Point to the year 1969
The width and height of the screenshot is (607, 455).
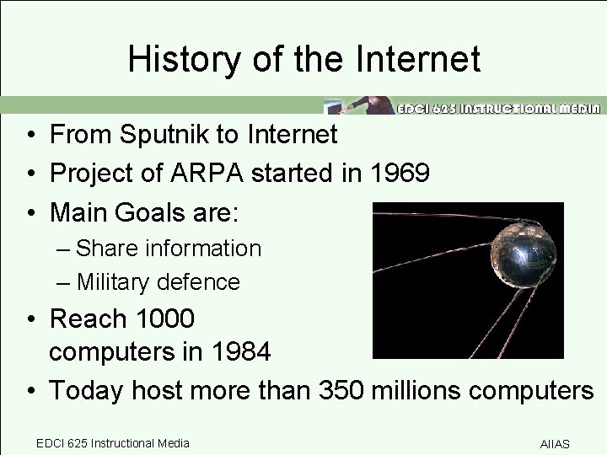click(x=403, y=173)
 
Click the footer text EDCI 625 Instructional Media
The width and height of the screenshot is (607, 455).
click(x=113, y=443)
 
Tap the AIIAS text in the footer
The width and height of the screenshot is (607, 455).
click(x=555, y=444)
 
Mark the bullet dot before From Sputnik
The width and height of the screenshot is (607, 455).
click(x=29, y=134)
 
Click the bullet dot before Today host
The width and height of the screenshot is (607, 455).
click(x=29, y=391)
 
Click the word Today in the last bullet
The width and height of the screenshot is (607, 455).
click(x=84, y=390)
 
